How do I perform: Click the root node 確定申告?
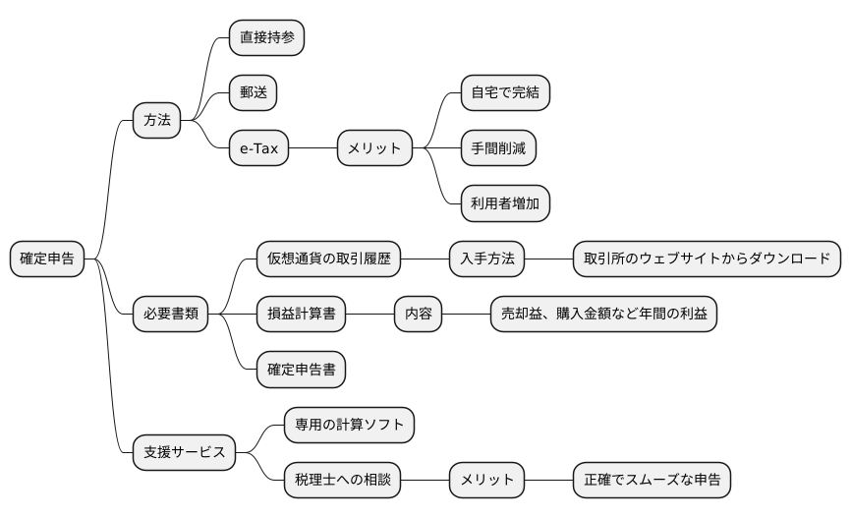(47, 259)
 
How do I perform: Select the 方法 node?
(157, 121)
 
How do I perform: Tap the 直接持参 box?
(266, 38)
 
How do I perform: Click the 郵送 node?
(253, 94)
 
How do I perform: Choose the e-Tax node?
(259, 149)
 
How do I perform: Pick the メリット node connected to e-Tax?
(375, 149)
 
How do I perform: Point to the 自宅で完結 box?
(505, 93)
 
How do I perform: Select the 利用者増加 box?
(505, 204)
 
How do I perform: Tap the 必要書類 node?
(171, 315)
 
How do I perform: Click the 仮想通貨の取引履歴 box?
(329, 259)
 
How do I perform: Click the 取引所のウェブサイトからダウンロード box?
(708, 259)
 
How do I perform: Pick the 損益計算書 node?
(302, 315)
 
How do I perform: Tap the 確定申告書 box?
(302, 370)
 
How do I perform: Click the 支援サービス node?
(185, 453)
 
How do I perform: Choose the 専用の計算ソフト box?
(349, 426)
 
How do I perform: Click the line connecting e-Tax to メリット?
(313, 149)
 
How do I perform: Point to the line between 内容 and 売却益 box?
(467, 315)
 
